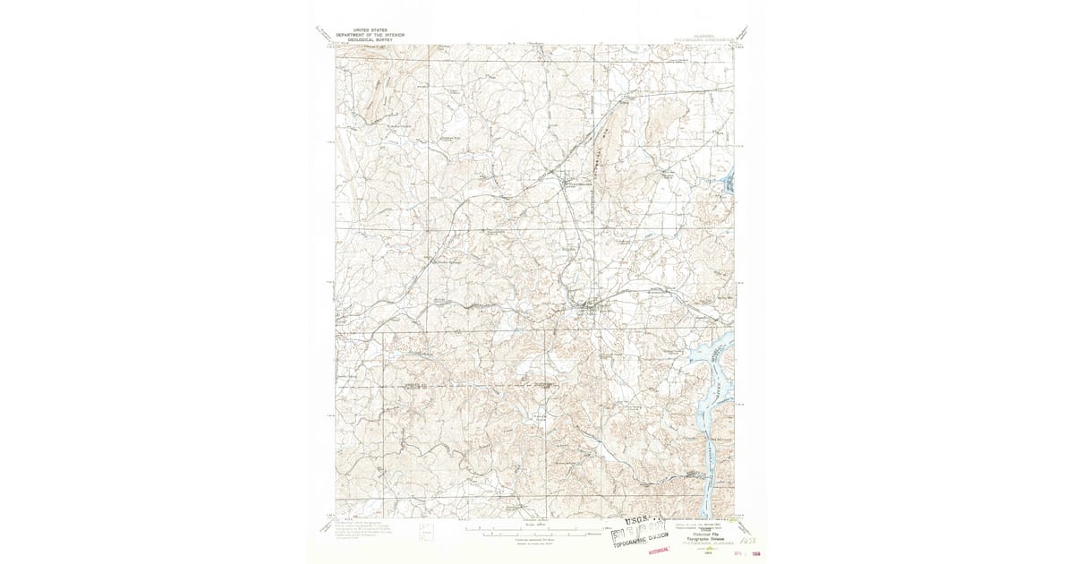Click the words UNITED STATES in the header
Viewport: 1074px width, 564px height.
click(370, 30)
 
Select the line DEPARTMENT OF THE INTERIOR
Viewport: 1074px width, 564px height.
click(370, 35)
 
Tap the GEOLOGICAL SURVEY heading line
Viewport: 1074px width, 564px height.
click(370, 40)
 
